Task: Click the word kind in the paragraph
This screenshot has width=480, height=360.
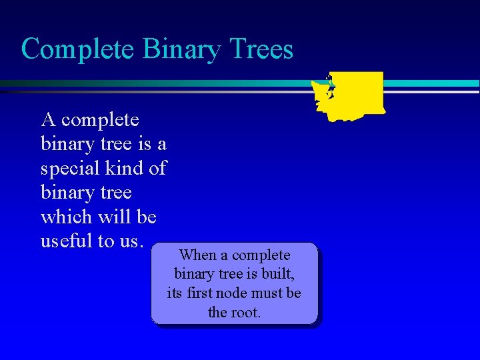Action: (x=127, y=169)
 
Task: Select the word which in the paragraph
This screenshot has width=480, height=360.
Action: (x=66, y=217)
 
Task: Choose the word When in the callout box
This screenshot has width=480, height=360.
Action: (x=198, y=255)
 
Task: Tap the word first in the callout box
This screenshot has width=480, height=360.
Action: (x=201, y=293)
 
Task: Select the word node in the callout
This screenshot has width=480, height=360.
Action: (x=234, y=293)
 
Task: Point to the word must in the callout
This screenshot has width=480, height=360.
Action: (x=269, y=293)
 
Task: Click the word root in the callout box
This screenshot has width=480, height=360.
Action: (x=245, y=312)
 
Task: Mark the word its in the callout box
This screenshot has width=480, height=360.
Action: (x=175, y=293)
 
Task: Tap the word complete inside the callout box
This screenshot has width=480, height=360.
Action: (x=261, y=255)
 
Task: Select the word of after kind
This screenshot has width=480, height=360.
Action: (x=157, y=169)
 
